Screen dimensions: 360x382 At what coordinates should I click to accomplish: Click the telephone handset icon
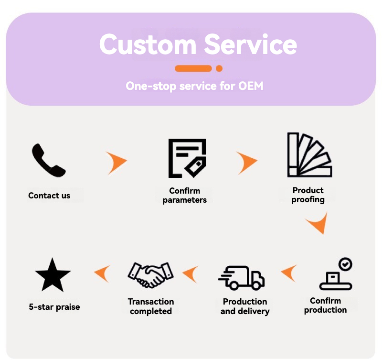48,161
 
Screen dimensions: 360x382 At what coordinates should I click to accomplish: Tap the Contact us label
49,196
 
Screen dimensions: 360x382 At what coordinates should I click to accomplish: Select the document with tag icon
187,158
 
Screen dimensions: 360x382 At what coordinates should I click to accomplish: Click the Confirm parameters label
185,196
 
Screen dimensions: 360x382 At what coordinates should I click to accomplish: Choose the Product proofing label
308,195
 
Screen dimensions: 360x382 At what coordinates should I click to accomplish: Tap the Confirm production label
326,305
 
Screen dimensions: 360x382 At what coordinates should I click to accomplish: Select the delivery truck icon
242,278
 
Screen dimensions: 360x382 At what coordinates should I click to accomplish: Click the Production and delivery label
245,306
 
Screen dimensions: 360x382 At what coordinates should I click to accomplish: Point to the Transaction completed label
151,306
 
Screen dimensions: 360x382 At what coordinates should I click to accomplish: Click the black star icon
53,275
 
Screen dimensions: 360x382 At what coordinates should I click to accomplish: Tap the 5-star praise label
54,307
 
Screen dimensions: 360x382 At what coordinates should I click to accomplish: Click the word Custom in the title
148,44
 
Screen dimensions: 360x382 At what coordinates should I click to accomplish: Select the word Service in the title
251,44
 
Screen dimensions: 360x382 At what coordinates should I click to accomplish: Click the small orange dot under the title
219,68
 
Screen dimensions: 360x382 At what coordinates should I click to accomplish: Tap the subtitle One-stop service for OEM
194,86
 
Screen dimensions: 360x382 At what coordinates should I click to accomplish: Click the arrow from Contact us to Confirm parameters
117,163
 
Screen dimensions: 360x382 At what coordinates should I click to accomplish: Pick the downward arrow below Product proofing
318,223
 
